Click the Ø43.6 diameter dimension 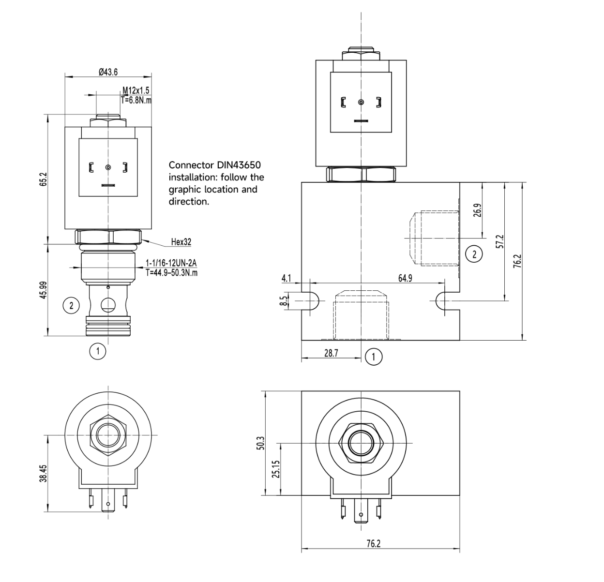108,72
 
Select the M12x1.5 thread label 136,90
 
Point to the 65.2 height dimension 43,177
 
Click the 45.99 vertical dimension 43,290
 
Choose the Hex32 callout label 181,241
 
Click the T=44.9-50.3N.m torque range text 172,272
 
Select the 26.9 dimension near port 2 477,210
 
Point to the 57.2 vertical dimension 500,241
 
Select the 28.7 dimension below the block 331,353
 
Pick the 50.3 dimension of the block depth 260,443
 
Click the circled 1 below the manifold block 374,357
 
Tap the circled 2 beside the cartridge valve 72,305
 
